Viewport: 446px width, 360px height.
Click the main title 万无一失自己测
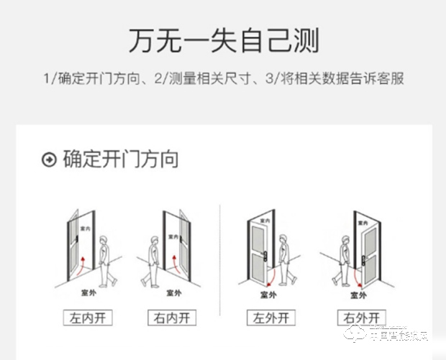click(x=223, y=40)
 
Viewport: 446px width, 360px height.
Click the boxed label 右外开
click(x=360, y=317)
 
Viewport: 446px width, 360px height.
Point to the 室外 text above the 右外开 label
click(x=358, y=295)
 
